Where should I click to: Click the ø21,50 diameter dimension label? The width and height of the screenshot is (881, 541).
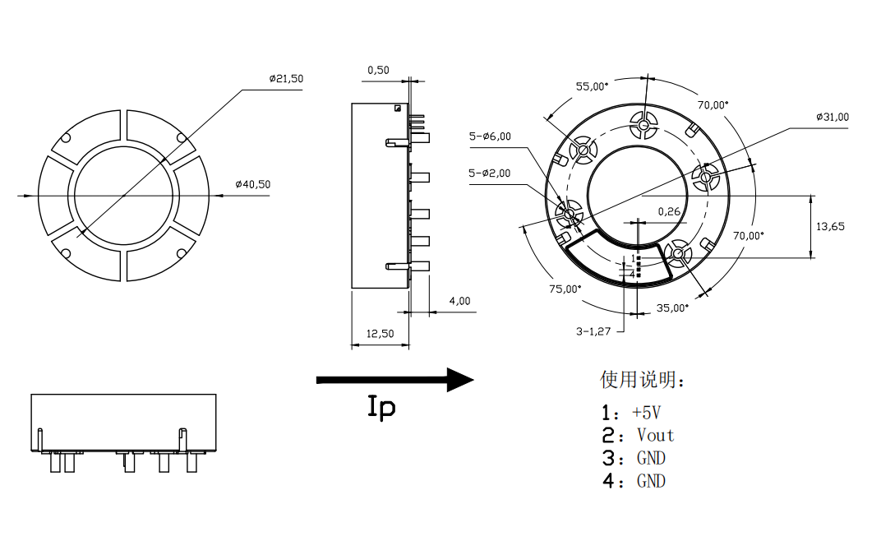pyautogui.click(x=285, y=79)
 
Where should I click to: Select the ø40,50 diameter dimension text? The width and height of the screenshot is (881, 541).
pyautogui.click(x=252, y=184)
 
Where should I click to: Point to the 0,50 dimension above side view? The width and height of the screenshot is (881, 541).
pyautogui.click(x=378, y=70)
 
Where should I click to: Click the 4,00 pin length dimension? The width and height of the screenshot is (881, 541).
pyautogui.click(x=459, y=301)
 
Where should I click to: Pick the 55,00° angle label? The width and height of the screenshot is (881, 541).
pyautogui.click(x=592, y=86)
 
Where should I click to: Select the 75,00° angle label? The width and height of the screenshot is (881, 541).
pyautogui.click(x=565, y=289)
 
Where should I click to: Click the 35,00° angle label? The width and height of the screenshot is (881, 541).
pyautogui.click(x=672, y=307)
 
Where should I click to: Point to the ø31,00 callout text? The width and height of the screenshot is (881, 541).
pyautogui.click(x=832, y=117)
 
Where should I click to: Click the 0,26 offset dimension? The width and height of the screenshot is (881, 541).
pyautogui.click(x=669, y=211)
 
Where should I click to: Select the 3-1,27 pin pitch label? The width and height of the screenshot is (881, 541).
pyautogui.click(x=594, y=331)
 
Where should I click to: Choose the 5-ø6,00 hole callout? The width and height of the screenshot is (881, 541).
pyautogui.click(x=490, y=136)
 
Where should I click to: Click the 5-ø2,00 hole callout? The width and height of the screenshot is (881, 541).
pyautogui.click(x=490, y=173)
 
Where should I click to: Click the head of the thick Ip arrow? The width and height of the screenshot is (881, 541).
pyautogui.click(x=460, y=379)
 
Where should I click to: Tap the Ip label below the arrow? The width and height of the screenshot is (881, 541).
pyautogui.click(x=381, y=407)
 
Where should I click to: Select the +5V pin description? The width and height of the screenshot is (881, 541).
pyautogui.click(x=647, y=412)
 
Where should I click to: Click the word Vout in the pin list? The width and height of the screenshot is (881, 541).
pyautogui.click(x=655, y=435)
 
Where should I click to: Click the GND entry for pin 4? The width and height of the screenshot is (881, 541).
pyautogui.click(x=651, y=481)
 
